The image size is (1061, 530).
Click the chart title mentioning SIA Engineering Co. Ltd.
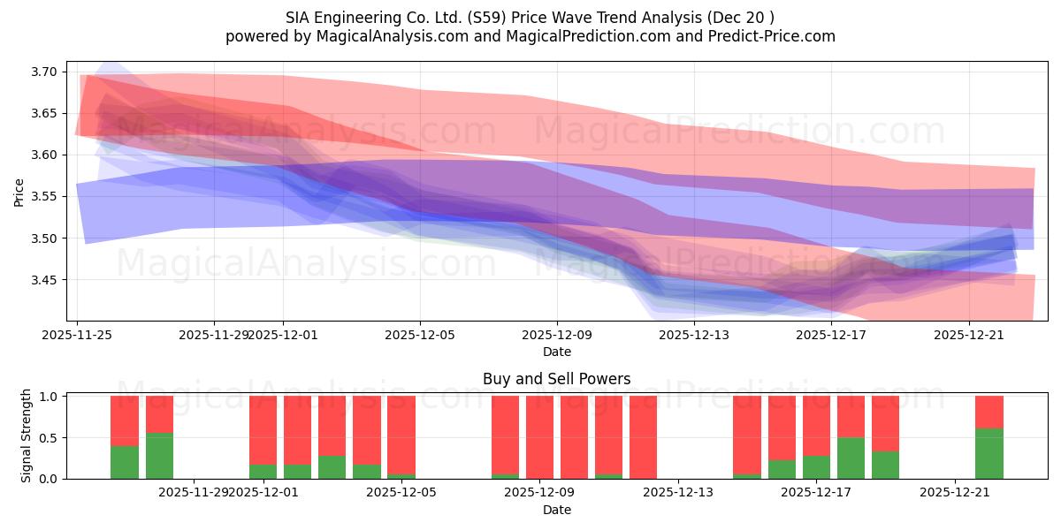coord(530,17)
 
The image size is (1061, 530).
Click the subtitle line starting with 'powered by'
coord(530,36)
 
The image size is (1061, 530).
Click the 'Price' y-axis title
coord(19,191)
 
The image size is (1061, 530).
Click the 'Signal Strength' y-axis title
coord(27,435)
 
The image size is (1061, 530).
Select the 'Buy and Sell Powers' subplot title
coord(556,379)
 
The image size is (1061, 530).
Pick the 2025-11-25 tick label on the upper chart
coord(77,335)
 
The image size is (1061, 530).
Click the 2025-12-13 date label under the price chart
coord(694,335)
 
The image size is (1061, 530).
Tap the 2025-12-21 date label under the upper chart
coord(968,335)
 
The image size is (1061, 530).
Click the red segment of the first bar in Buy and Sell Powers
coord(125,420)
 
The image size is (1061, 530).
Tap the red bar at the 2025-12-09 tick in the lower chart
coord(539,437)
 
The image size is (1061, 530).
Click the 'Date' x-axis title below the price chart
coord(556,352)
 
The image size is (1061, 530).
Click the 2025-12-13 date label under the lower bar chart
coord(677,492)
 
